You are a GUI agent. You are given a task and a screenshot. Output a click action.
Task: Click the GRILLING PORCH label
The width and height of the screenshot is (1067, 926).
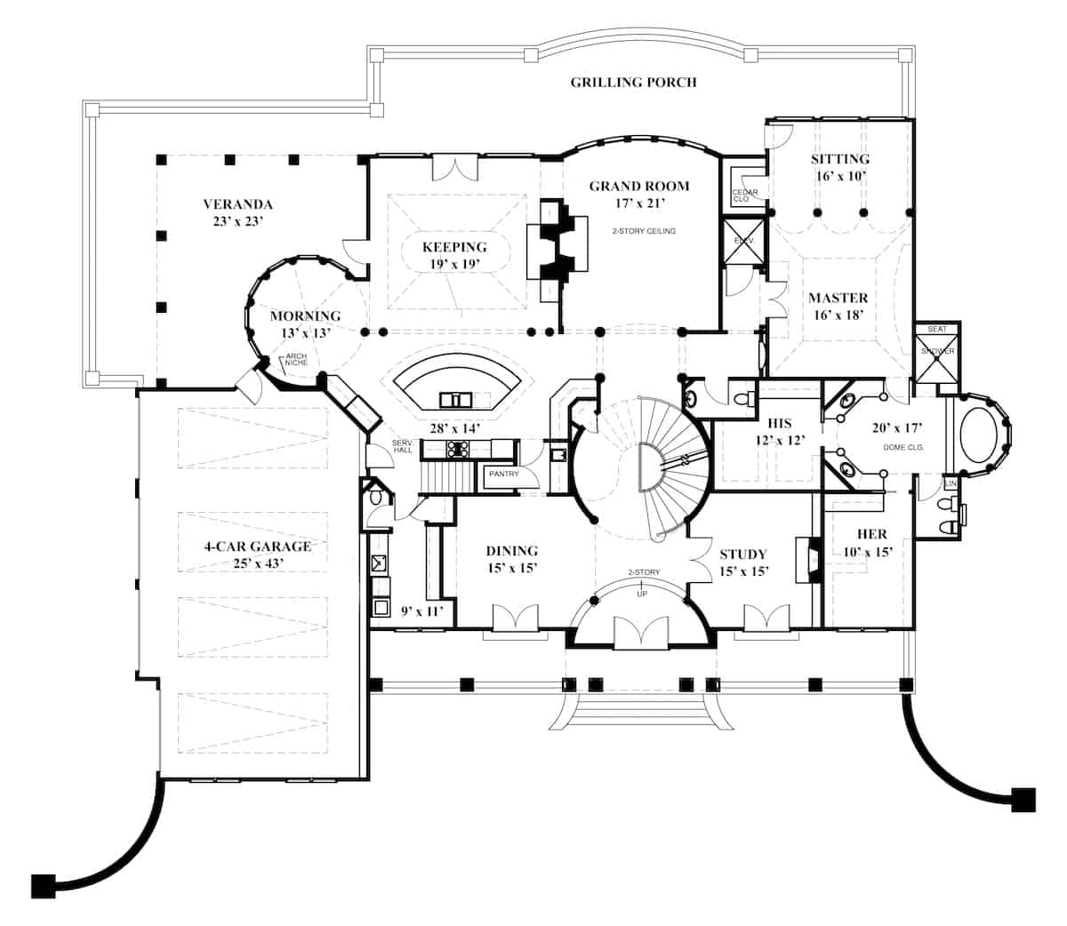tap(633, 83)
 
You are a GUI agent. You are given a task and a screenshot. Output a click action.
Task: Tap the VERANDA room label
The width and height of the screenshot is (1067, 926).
tap(236, 204)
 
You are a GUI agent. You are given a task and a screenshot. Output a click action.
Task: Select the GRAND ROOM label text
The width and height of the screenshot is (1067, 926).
tap(638, 187)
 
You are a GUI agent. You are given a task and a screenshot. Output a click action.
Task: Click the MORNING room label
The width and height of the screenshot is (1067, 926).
tap(305, 316)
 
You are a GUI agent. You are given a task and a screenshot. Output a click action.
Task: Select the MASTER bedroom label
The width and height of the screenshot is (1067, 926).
tap(838, 298)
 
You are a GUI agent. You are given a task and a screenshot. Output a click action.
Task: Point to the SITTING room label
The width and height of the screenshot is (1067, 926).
tap(839, 159)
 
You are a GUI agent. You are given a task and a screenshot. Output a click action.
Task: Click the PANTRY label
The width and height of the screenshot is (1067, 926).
tap(503, 475)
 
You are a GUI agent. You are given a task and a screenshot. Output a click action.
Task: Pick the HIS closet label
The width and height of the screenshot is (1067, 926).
tap(779, 424)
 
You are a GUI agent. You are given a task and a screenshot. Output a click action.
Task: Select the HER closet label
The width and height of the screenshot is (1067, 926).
tap(871, 535)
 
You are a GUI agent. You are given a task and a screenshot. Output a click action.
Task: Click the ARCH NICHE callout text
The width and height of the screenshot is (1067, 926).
tap(295, 361)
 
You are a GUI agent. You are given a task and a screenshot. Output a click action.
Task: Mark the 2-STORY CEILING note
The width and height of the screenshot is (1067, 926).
tap(644, 231)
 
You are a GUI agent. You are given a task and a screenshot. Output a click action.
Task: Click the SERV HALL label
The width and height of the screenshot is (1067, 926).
tap(403, 448)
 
